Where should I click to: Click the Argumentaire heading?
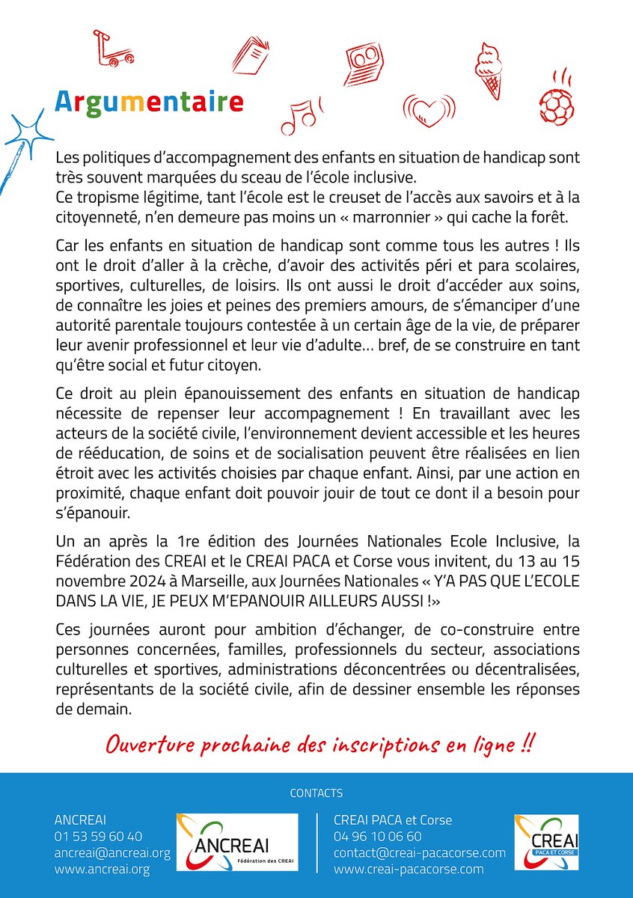click(150, 101)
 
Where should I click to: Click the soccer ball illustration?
click(556, 104)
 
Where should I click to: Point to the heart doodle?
click(429, 112)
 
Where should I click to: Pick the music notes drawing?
click(299, 114)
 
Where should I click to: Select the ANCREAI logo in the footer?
click(236, 842)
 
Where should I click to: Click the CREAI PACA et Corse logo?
click(545, 842)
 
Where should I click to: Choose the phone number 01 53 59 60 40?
click(98, 836)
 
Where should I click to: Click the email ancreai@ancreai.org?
click(112, 852)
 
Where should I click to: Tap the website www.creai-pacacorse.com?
click(409, 869)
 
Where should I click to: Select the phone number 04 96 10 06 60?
click(377, 836)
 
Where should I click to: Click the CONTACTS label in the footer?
click(316, 793)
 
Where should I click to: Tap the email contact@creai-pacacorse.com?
click(419, 852)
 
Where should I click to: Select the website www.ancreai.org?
click(102, 869)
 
